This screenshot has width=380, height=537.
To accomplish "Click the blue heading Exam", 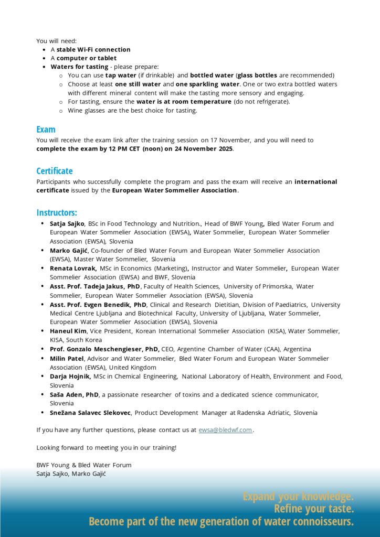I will [x=46, y=130].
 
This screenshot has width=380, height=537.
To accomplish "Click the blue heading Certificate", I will [x=55, y=171].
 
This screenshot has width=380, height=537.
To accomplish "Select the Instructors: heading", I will [x=57, y=212].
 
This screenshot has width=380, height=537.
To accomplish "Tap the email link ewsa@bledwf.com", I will [x=225, y=430].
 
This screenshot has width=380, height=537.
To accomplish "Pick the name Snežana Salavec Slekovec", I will [x=91, y=413].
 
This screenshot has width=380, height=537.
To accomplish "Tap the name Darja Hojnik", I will [x=71, y=376].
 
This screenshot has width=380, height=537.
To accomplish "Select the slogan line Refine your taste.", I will [x=313, y=509].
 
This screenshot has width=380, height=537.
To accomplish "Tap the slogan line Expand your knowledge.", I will [x=298, y=496].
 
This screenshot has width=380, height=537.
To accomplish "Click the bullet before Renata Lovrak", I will [x=43, y=268].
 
